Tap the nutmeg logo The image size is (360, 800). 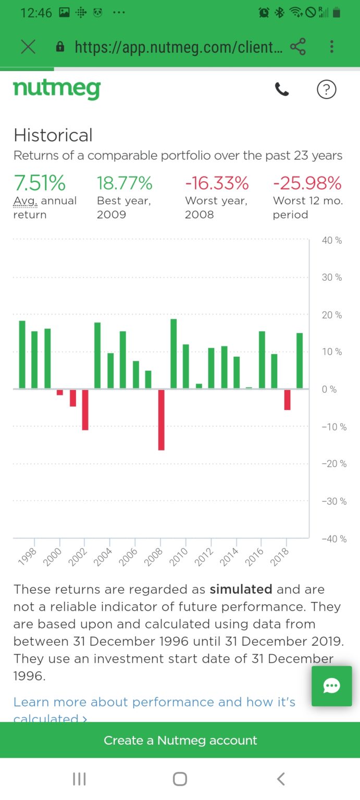pyautogui.click(x=57, y=89)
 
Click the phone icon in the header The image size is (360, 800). pyautogui.click(x=282, y=90)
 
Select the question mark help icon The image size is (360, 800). pyautogui.click(x=327, y=90)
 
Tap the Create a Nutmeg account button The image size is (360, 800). pyautogui.click(x=180, y=740)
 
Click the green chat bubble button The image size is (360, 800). pyautogui.click(x=332, y=686)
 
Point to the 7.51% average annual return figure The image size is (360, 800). pyautogui.click(x=40, y=183)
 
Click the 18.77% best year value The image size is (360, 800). pyautogui.click(x=125, y=183)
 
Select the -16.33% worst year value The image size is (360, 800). pyautogui.click(x=217, y=183)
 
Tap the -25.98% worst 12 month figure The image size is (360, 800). pyautogui.click(x=307, y=183)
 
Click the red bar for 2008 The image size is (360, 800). pyautogui.click(x=162, y=419)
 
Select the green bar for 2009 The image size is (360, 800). pyautogui.click(x=173, y=354)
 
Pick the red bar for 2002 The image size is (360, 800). pyautogui.click(x=85, y=409)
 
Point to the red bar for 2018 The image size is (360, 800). pyautogui.click(x=287, y=399)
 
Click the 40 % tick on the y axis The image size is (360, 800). pyautogui.click(x=331, y=241)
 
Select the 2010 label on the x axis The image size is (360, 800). pyautogui.click(x=179, y=557)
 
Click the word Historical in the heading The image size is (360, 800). pyautogui.click(x=53, y=135)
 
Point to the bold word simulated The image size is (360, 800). pyautogui.click(x=241, y=589)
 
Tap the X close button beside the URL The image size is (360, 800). pyautogui.click(x=28, y=47)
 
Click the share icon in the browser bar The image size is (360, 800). pyautogui.click(x=298, y=47)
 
